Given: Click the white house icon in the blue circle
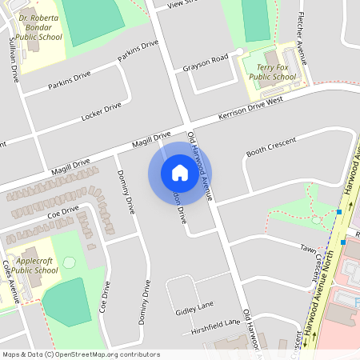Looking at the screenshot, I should pos(180,172).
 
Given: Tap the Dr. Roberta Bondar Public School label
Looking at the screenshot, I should pos(39,30).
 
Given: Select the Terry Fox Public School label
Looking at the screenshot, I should pos(273,72).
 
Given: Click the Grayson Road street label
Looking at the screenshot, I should pos(206,62).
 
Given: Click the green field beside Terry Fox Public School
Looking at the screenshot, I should pos(256,20).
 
